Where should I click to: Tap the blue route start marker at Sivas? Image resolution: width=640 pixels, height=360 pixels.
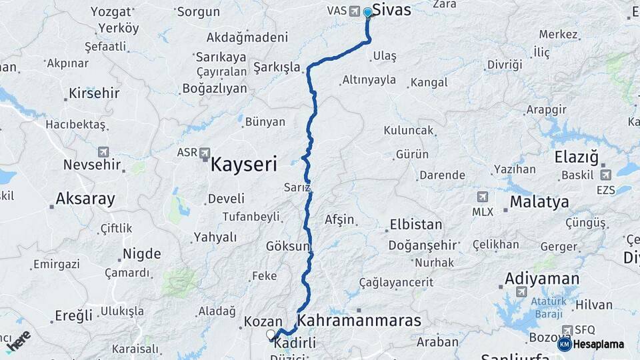point(367,13)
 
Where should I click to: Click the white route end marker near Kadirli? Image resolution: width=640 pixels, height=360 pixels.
point(271,334)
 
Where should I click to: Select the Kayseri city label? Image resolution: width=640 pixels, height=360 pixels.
point(243,164)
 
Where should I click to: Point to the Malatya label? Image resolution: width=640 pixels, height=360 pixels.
point(539,201)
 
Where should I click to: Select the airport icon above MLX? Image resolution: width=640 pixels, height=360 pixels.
point(483,197)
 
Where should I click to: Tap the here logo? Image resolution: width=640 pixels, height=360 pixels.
point(18,341)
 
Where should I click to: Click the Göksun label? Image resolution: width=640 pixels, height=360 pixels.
point(288,246)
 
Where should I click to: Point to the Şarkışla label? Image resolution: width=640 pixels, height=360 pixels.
point(277,68)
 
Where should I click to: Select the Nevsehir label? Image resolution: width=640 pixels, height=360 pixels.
point(92,165)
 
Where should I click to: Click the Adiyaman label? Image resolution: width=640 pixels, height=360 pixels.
point(542,278)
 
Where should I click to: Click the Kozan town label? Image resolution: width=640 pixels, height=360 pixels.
point(263,321)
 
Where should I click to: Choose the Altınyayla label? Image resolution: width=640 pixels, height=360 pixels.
point(369,80)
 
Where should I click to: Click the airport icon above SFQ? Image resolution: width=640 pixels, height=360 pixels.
point(567,330)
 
